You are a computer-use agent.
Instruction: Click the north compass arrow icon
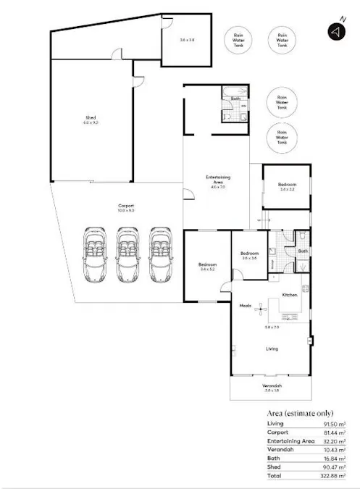(x=335, y=32)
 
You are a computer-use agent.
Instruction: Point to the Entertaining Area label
(x=214, y=181)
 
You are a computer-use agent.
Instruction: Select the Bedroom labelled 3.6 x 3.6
(x=250, y=255)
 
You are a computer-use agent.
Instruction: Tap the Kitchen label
(x=290, y=295)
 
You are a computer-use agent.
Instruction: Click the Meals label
(x=245, y=306)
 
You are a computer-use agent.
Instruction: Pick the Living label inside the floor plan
(x=272, y=348)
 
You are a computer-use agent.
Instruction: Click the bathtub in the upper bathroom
(x=235, y=93)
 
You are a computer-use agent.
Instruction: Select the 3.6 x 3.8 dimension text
(x=188, y=39)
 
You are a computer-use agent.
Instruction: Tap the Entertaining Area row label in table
(x=290, y=441)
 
